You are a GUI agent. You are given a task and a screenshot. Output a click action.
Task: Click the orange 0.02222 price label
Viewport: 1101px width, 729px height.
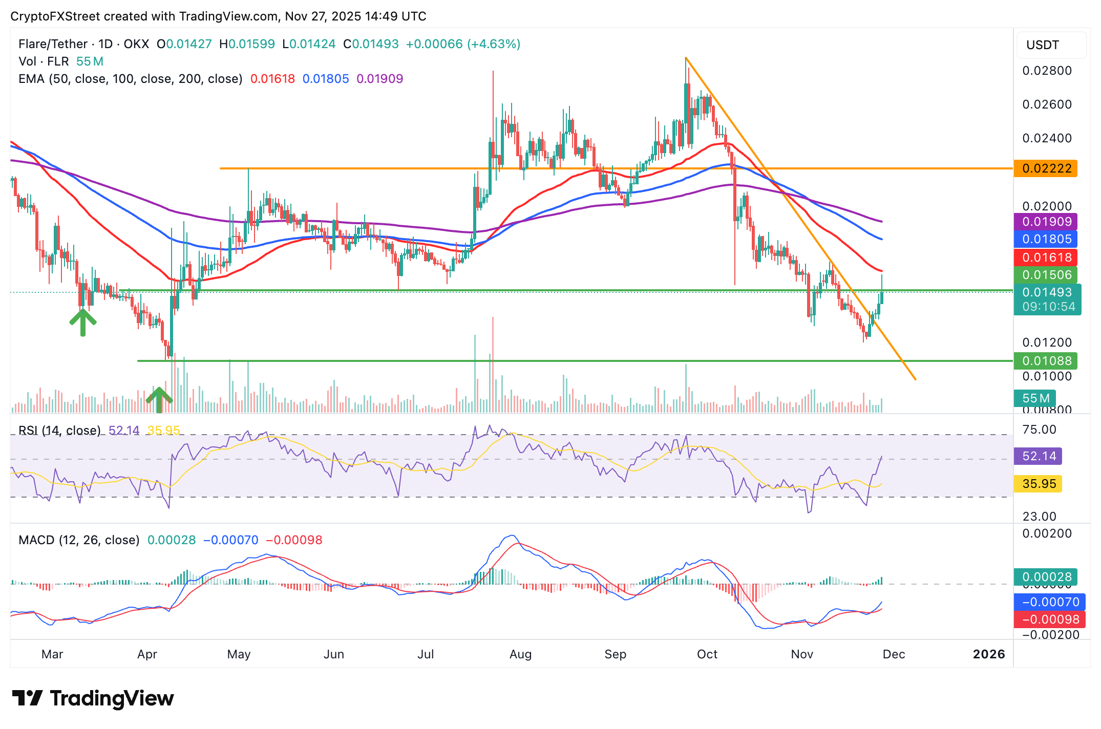coord(1046,168)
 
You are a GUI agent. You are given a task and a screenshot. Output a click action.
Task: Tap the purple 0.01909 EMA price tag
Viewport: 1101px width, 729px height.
coord(1047,222)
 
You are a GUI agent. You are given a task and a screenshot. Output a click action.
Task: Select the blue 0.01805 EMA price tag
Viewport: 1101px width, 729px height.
coord(1047,239)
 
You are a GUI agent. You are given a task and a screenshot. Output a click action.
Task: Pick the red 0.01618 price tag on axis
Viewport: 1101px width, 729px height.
coord(1047,258)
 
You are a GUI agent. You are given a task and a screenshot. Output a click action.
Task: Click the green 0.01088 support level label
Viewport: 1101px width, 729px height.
coord(1047,361)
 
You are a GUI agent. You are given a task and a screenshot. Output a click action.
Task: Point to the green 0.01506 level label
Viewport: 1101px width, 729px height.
coord(1047,275)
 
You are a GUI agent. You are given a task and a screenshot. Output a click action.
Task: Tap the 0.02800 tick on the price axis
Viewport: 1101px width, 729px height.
coord(1047,71)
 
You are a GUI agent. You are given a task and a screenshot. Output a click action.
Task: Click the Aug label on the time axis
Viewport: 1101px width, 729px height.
coord(520,654)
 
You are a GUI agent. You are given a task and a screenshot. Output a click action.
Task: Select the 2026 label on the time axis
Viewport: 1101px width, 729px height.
coord(988,654)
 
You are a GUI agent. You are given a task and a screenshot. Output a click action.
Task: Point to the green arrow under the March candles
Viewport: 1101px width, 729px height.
coord(83,322)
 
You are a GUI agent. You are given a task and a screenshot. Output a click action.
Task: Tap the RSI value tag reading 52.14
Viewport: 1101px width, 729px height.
coord(1039,456)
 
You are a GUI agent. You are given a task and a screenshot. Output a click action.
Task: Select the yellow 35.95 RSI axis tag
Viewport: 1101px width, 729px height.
coord(1039,484)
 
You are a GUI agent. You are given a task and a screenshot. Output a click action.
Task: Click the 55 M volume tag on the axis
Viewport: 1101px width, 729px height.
coord(1035,398)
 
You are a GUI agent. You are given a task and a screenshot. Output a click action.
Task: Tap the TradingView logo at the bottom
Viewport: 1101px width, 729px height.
coord(93,698)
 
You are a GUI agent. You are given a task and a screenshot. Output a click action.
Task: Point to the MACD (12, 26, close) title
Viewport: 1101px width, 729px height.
coord(79,540)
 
